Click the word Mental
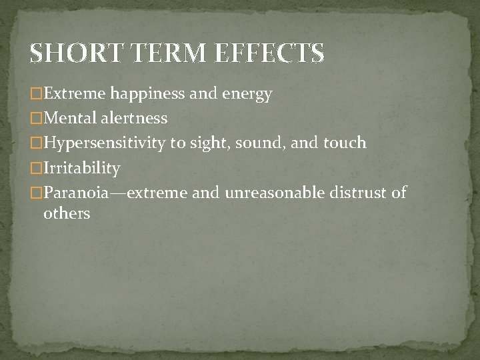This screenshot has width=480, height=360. pos(70,119)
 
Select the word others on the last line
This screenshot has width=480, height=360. pos(66,214)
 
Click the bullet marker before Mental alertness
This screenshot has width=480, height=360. pos(37,119)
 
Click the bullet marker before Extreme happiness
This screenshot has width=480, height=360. pos(37,93)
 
